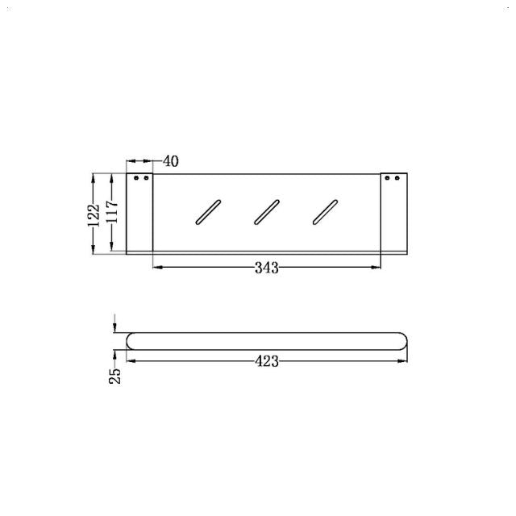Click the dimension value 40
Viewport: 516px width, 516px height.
(170, 160)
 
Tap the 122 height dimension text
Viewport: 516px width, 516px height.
(94, 213)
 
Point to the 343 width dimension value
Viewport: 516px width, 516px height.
(266, 268)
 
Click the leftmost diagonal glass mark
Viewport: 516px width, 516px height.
(206, 210)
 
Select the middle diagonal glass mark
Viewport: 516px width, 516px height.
(266, 210)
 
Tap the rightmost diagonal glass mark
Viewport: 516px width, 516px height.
(325, 210)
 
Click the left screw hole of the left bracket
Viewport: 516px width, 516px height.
(136, 177)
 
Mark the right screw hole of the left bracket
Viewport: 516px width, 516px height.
(146, 177)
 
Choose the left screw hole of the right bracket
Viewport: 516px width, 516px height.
(386, 177)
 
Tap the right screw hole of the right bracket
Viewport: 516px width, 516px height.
(396, 177)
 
